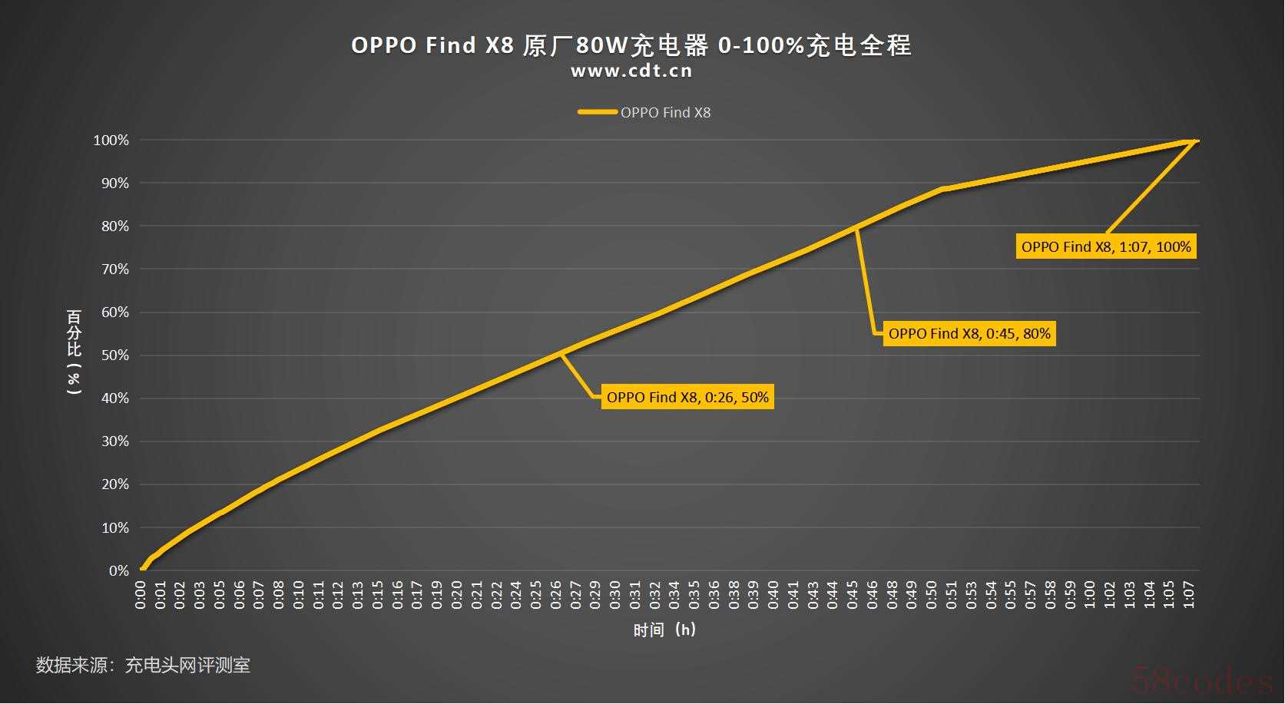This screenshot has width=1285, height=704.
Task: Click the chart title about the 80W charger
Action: tap(631, 45)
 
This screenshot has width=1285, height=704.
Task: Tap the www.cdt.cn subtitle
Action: tap(631, 71)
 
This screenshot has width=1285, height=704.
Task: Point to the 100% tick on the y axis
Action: tap(111, 140)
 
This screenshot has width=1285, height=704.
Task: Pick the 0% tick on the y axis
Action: tap(118, 570)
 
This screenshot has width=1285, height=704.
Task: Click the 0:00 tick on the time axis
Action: tap(141, 595)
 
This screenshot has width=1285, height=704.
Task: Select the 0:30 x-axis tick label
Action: tap(615, 595)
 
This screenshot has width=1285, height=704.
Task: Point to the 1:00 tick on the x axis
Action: tap(1090, 595)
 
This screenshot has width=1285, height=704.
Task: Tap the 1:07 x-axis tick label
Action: tap(1188, 595)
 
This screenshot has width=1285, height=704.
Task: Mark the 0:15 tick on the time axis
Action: tap(378, 595)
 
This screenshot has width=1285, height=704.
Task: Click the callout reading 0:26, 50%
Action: tap(687, 397)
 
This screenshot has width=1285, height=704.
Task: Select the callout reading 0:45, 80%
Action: tap(969, 333)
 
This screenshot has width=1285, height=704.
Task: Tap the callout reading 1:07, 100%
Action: tap(1106, 246)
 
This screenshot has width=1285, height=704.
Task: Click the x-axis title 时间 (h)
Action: tap(664, 630)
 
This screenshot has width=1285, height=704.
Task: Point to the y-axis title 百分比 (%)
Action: tap(75, 352)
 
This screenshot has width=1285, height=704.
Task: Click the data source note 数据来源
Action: tap(143, 665)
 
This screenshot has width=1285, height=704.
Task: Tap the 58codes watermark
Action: tap(1201, 680)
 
